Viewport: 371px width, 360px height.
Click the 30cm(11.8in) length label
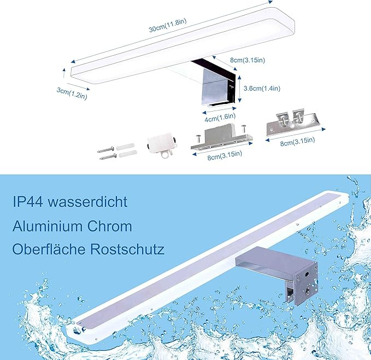(x=168, y=25)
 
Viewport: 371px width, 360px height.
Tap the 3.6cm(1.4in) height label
(x=262, y=88)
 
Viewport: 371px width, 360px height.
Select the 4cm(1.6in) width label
(x=220, y=118)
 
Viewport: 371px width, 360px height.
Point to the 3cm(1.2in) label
(x=72, y=94)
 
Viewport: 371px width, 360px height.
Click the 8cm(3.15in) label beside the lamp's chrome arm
(x=248, y=60)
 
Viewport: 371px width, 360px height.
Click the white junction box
(x=162, y=145)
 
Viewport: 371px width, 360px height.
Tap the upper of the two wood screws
(x=105, y=150)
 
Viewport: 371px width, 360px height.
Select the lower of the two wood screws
(x=108, y=156)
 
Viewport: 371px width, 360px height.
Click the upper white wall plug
(x=126, y=147)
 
